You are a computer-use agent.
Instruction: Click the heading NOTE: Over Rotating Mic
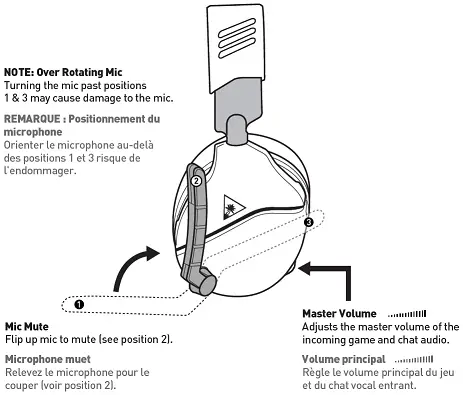pyautogui.click(x=64, y=73)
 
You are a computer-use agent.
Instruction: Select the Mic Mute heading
pyautogui.click(x=28, y=326)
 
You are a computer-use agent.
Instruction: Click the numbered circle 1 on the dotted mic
pyautogui.click(x=79, y=302)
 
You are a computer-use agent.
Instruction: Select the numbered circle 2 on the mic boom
pyautogui.click(x=197, y=183)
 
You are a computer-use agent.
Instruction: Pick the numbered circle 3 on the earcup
pyautogui.click(x=309, y=221)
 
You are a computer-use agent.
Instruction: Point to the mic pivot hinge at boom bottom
pyautogui.click(x=205, y=284)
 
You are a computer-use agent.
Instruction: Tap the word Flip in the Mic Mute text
pyautogui.click(x=14, y=339)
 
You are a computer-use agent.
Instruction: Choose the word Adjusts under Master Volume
pyautogui.click(x=320, y=327)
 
